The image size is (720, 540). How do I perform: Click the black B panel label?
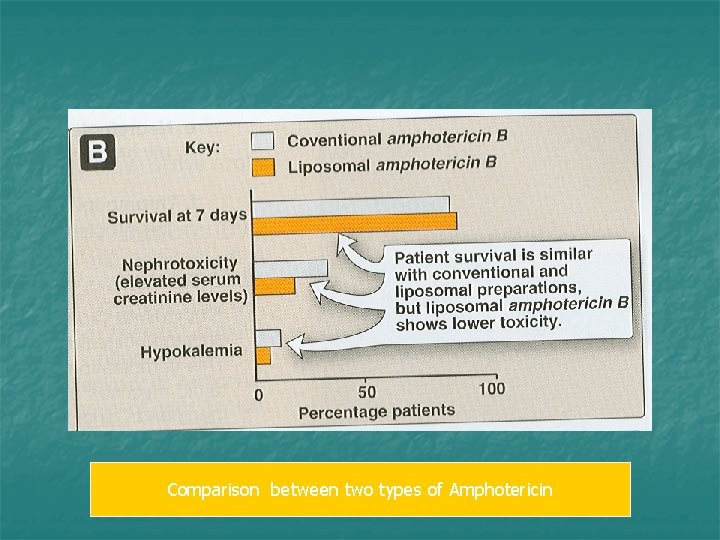[x=99, y=153]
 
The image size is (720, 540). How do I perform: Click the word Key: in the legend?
[x=203, y=147]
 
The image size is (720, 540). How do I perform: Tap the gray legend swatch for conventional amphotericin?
[x=263, y=140]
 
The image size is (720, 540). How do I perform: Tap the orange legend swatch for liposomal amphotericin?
[x=263, y=166]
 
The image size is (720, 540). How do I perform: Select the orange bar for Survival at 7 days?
[x=354, y=221]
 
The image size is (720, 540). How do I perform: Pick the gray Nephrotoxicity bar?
[x=291, y=269]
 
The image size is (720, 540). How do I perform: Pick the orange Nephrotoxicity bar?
[x=275, y=287]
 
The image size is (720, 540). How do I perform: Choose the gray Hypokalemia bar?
[x=268, y=338]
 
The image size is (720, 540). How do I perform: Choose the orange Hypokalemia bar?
[x=263, y=355]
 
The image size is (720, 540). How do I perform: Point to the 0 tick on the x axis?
[x=259, y=395]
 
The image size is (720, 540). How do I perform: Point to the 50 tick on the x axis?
[x=367, y=391]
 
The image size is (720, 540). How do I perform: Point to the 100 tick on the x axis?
[x=491, y=388]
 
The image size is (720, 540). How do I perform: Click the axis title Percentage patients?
[x=376, y=411]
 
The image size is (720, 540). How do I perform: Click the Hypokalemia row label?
[x=191, y=352]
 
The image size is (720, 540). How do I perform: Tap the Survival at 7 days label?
[x=177, y=214]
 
